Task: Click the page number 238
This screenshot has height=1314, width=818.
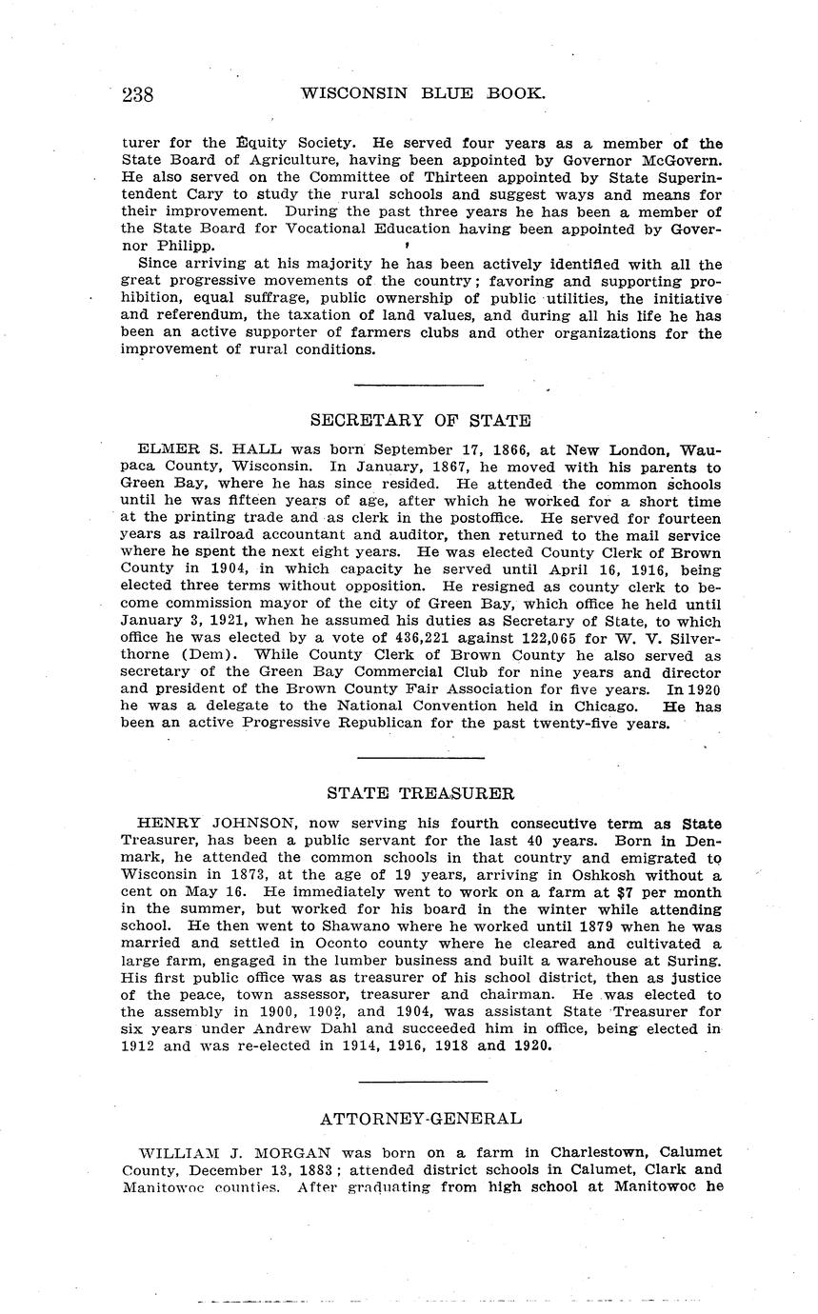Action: click(138, 94)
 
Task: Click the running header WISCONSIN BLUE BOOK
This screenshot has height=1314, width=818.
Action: click(423, 93)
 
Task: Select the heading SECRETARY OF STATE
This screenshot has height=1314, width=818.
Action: click(420, 420)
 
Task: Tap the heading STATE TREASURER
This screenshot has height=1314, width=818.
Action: click(420, 793)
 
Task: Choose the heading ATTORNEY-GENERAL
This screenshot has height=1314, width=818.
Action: click(420, 1119)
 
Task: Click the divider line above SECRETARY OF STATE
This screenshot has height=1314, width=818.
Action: click(419, 385)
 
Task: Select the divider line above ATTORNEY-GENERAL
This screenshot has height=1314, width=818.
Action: click(423, 1082)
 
